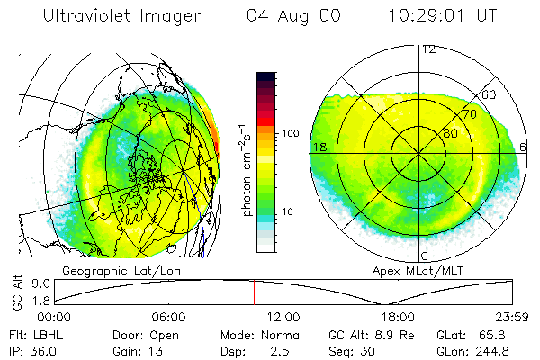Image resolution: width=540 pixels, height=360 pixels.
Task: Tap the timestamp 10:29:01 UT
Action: (443, 17)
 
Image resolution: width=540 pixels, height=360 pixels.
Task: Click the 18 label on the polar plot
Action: (319, 146)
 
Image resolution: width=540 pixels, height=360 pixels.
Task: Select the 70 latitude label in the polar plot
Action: (468, 115)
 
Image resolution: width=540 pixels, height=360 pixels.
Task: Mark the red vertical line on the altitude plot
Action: (254, 292)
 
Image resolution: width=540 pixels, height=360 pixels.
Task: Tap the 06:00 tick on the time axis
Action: (168, 318)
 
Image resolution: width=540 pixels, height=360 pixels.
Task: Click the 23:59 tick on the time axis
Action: (513, 318)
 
